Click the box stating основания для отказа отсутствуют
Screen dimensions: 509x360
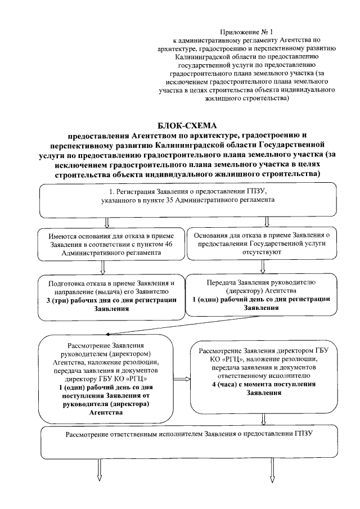[x=262, y=243]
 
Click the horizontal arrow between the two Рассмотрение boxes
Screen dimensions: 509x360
[x=181, y=378]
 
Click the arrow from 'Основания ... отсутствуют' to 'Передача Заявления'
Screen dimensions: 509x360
[x=263, y=267]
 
